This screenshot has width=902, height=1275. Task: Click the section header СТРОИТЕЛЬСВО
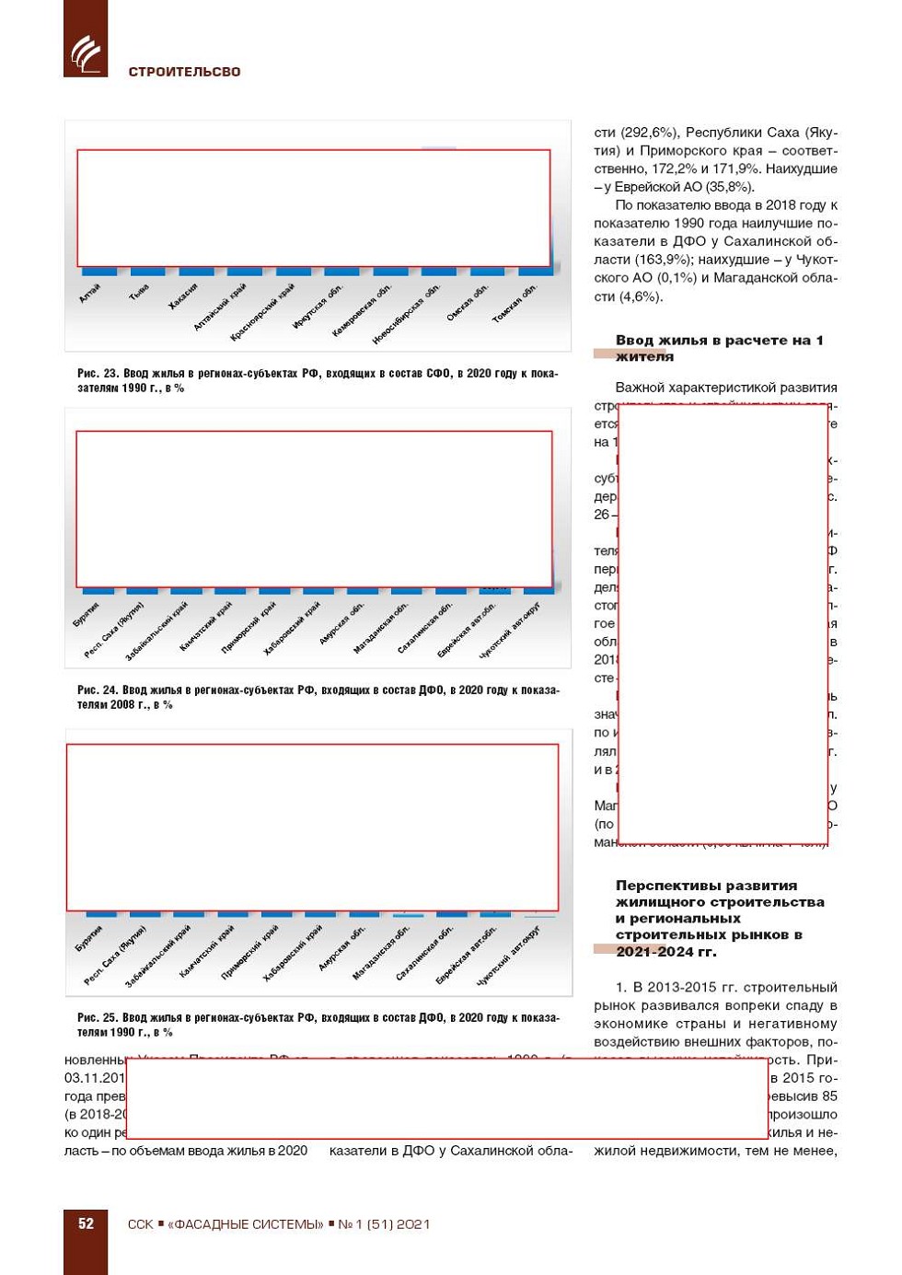point(184,72)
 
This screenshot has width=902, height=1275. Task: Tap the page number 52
point(86,1223)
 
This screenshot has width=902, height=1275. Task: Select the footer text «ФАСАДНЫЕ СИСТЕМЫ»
point(246,1224)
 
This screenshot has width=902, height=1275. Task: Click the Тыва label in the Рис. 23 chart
point(139,293)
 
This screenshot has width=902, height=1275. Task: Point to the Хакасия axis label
point(183,296)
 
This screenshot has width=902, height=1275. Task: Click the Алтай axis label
point(90,294)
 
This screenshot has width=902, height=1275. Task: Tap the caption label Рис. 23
point(98,374)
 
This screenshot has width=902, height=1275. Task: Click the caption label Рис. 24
point(98,690)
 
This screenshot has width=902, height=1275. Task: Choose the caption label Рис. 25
point(98,1018)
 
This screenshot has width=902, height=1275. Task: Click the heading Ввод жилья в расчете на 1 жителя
point(719,348)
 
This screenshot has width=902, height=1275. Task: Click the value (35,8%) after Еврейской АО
point(728,187)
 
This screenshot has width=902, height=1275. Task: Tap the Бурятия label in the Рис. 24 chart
point(87,615)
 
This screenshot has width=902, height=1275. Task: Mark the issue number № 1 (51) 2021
point(384,1224)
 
